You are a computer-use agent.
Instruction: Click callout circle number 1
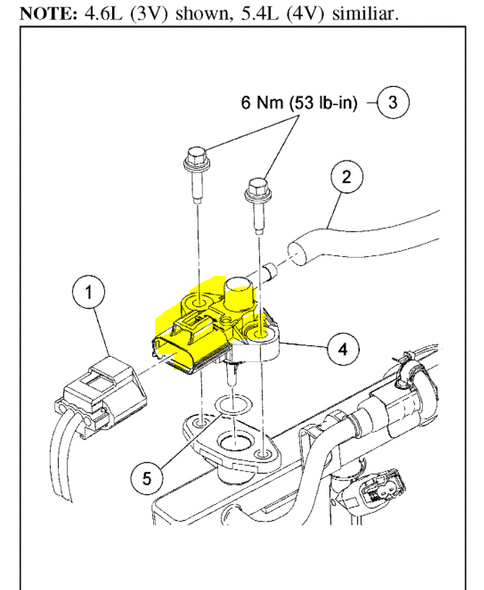[x=89, y=292]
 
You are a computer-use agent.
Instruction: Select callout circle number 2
[x=345, y=176]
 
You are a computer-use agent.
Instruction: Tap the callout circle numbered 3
[x=392, y=102]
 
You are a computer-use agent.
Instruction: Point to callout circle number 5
[x=146, y=477]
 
